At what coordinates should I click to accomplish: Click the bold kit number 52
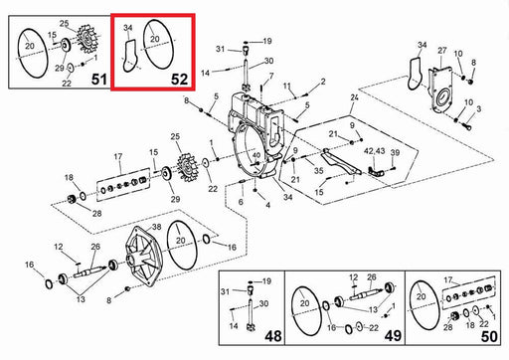point(179,79)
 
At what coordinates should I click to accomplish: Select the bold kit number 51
point(99,80)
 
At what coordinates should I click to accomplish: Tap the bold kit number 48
point(273,336)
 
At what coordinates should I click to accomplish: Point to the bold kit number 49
point(393,336)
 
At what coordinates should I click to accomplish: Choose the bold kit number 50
point(489,337)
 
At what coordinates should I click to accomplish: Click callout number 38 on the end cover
point(156,227)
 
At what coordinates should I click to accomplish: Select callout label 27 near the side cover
point(442,51)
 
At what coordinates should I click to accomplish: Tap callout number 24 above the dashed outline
point(354,97)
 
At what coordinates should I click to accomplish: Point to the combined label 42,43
point(375,151)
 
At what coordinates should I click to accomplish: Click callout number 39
point(395,152)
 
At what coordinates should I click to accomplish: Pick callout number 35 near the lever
point(318,171)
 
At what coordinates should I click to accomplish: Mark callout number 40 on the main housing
point(256,155)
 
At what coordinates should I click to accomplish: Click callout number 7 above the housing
point(271,77)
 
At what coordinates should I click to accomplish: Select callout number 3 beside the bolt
point(479,108)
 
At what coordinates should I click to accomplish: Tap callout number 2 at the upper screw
point(323,82)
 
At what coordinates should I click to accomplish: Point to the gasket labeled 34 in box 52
point(130,56)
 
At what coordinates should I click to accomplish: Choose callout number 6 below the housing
point(241,202)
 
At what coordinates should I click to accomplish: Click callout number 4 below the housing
point(267,205)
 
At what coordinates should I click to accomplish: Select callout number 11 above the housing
point(287,87)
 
